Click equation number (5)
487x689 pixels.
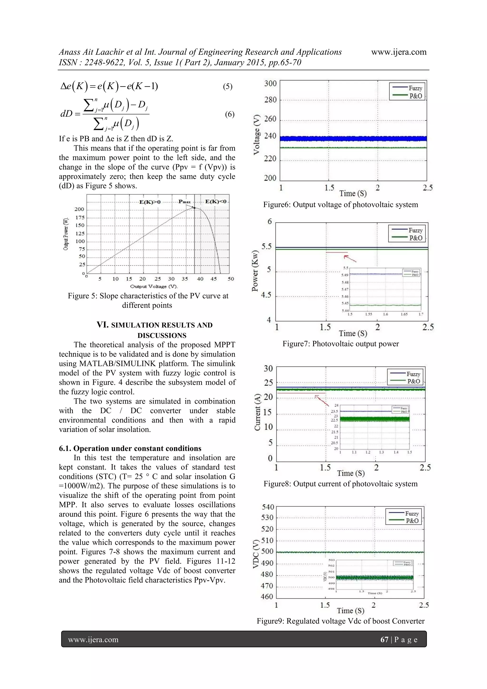tap(227, 87)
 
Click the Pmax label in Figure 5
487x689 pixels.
tap(184, 202)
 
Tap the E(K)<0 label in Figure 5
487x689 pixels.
tap(215, 201)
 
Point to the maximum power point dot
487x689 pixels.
tap(195, 208)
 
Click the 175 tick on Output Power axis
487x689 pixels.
tap(79, 217)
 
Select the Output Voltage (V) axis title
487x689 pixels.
tap(154, 286)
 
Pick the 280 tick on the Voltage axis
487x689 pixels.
tap(270, 100)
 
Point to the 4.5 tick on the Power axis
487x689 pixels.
tap(266, 295)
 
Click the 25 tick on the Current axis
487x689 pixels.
tap(268, 383)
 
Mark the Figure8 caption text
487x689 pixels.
tap(340, 484)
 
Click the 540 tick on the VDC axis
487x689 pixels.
tap(268, 507)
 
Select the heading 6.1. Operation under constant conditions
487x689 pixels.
tap(130, 448)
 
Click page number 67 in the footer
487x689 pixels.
tap(384, 640)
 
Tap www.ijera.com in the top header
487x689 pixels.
tap(399, 52)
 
